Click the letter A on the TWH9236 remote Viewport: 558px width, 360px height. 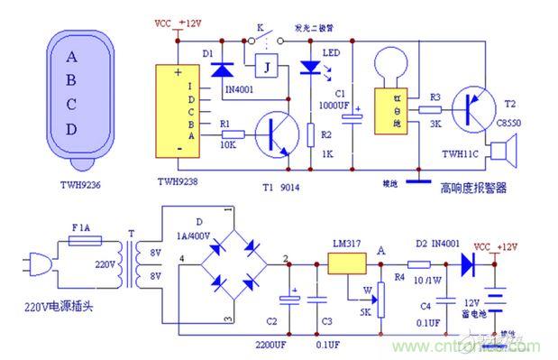pos(71,56)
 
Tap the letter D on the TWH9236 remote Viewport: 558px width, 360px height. pos(71,128)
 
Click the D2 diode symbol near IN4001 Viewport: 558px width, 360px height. pos(466,264)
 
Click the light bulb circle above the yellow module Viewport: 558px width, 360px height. pos(392,64)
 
